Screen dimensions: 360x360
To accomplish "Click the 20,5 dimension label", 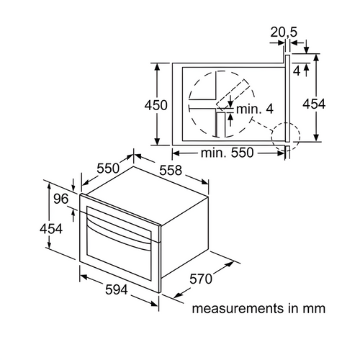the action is (284, 32).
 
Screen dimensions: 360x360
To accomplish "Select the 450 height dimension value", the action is (156, 105).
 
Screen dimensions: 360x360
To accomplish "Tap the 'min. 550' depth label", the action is (227, 153).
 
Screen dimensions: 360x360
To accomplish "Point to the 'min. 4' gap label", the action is (255, 109).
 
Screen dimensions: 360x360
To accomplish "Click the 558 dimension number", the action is (171, 171).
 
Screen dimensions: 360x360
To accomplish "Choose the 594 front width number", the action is (117, 289).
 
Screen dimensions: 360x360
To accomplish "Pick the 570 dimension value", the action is (201, 279).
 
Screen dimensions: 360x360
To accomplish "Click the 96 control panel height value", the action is (61, 199).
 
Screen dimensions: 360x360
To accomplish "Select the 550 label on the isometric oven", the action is (108, 168).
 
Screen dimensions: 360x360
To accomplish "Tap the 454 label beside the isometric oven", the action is (51, 228).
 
